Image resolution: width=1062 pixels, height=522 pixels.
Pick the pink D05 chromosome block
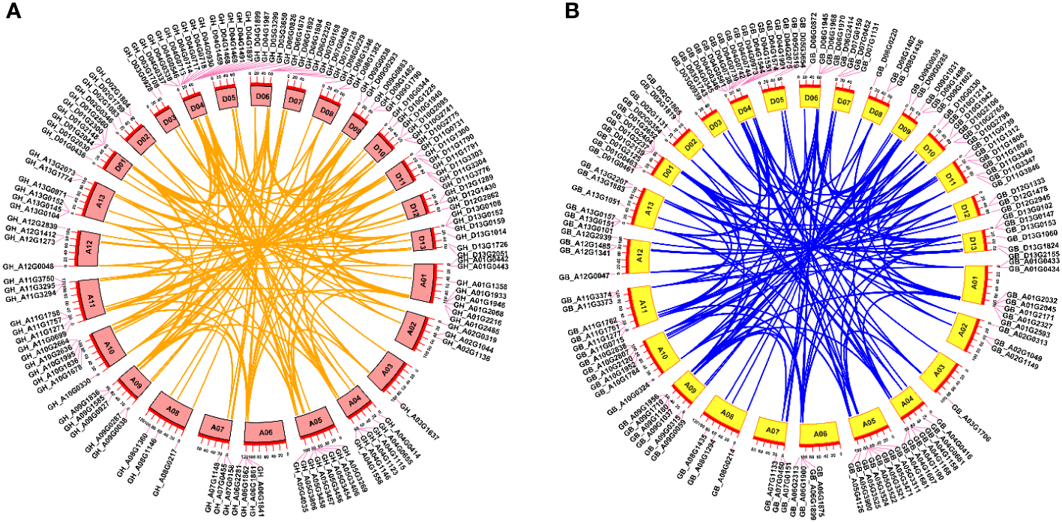(x=229, y=97)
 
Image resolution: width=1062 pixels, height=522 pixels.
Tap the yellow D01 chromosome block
(x=665, y=171)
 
